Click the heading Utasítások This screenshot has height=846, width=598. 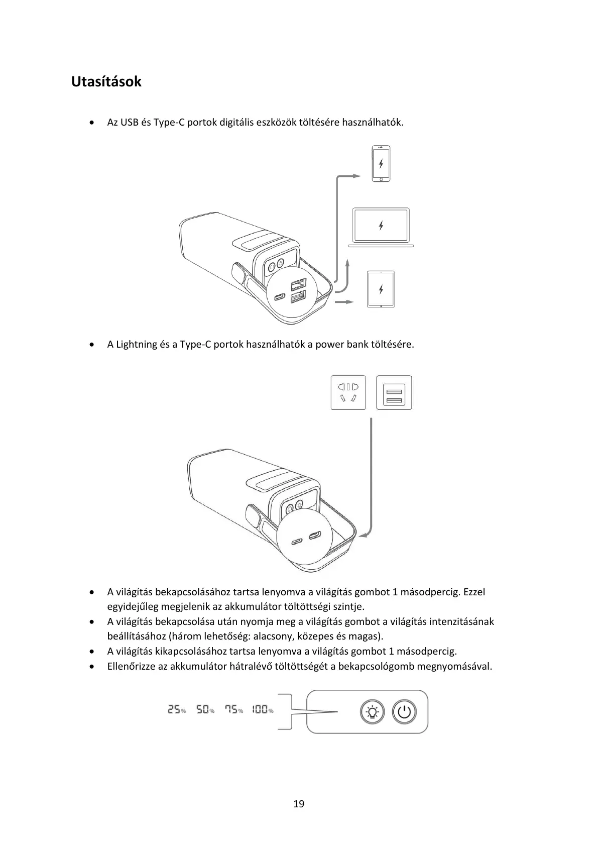[106, 81]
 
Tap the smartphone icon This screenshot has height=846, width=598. [381, 164]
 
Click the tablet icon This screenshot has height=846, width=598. [381, 289]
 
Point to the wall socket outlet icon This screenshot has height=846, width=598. [348, 392]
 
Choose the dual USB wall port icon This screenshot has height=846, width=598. [394, 392]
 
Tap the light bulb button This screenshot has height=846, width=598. [372, 712]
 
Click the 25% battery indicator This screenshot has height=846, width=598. [176, 710]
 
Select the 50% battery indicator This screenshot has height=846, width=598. [205, 710]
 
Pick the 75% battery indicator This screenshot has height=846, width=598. [233, 710]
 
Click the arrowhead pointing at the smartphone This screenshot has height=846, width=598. [356, 176]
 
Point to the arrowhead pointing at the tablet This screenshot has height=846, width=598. [350, 302]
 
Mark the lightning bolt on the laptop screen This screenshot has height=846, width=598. [381, 226]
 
